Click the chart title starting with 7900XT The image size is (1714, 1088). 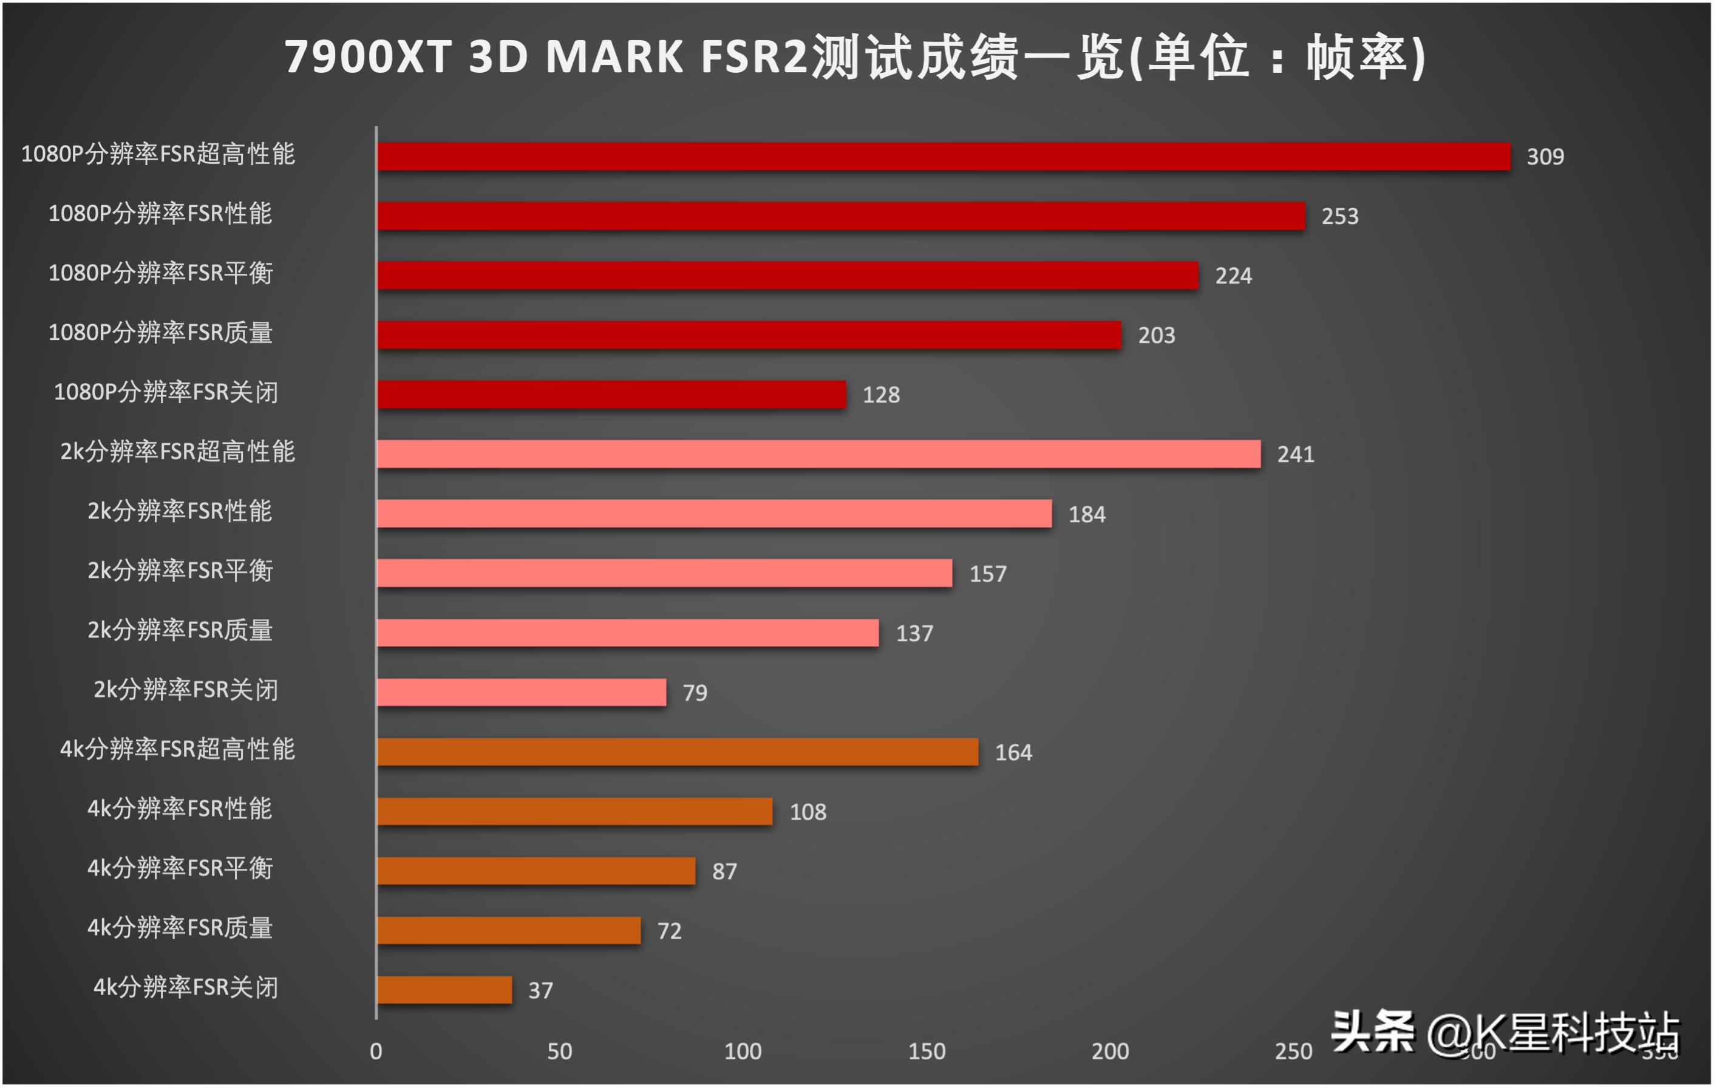854,56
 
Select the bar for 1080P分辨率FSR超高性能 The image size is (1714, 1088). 943,157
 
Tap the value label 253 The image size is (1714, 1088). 1339,216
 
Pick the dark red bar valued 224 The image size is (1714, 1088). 787,276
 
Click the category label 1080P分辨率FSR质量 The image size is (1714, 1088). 160,333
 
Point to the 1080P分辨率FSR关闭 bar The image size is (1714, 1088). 611,395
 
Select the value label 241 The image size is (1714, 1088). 1296,455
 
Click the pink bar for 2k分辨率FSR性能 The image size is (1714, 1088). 714,514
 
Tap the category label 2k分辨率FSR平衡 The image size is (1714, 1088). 180,571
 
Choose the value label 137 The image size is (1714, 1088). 914,633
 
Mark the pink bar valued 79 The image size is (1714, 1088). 521,692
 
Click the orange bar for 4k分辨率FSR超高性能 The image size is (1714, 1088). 678,752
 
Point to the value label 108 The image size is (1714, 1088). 808,812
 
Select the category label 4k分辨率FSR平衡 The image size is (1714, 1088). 180,868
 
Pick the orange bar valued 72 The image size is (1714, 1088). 508,931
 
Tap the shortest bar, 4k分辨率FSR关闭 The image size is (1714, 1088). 444,990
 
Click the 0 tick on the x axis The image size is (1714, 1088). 376,1051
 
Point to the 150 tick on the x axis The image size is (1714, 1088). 927,1051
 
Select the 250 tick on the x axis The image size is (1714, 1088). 1293,1051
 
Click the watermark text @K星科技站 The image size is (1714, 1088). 1552,1033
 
